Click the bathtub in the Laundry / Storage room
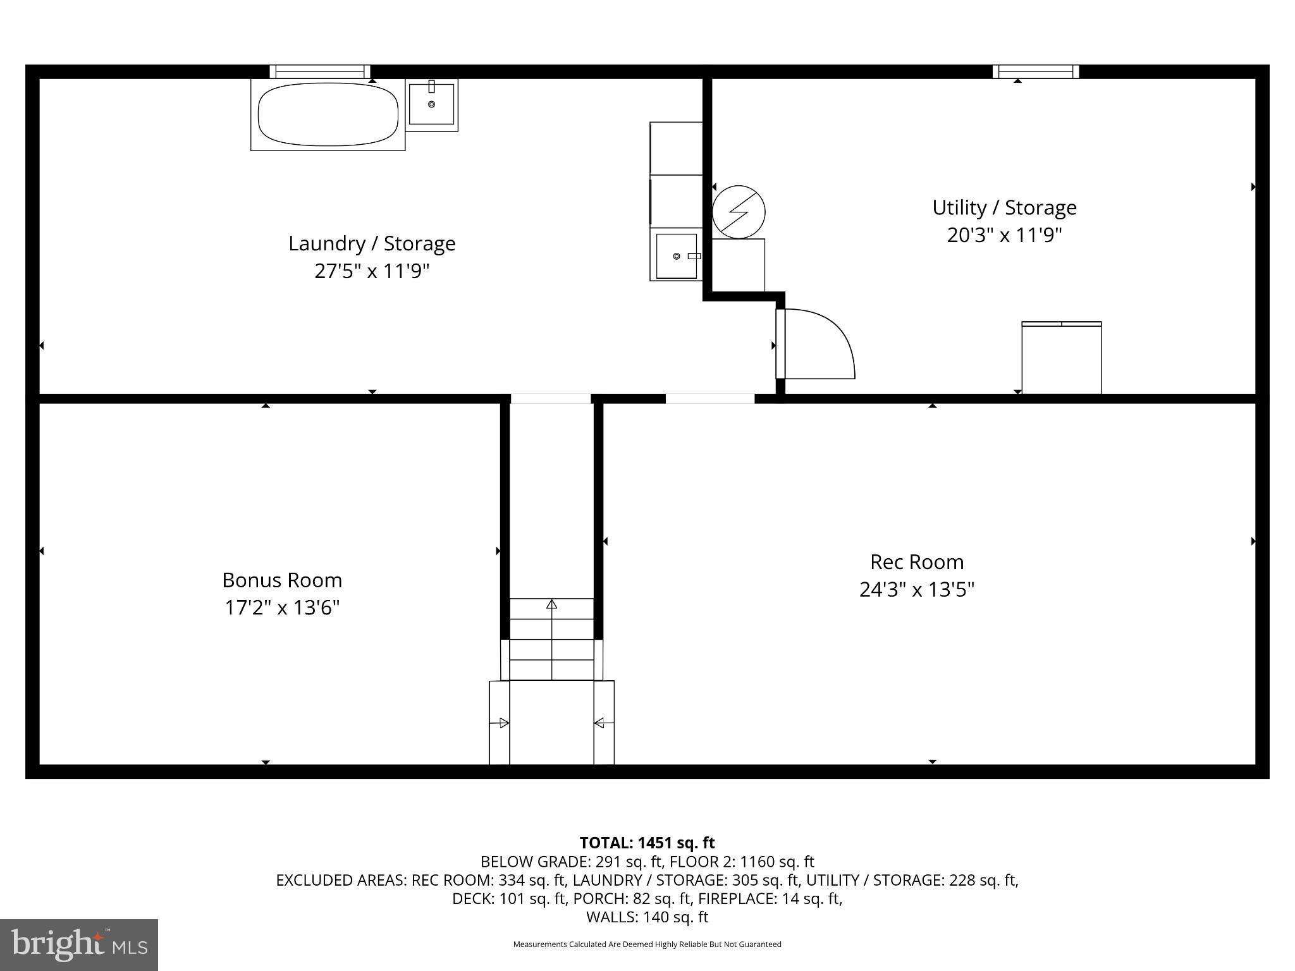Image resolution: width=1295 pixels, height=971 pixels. pos(328,114)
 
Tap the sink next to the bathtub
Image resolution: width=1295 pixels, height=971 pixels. pos(431,104)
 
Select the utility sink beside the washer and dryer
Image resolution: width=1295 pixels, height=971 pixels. pos(676,255)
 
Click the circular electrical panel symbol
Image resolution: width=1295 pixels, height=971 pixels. pos(739,212)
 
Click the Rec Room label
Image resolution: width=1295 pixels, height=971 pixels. pos(916,562)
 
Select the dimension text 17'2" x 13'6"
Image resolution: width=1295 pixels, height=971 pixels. pos(282,608)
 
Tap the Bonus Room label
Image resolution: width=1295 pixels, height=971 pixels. pos(282,580)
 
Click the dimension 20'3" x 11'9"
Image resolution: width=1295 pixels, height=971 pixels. pos(1004,235)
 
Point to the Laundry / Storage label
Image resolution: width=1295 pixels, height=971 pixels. pos(372,243)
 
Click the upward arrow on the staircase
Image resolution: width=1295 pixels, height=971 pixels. pos(551,605)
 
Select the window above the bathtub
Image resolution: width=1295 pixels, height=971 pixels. pos(320,71)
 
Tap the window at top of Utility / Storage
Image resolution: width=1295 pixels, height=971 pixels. pos(1035,71)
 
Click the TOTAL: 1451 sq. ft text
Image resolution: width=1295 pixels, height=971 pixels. pos(647,843)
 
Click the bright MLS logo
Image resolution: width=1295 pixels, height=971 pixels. pos(79,944)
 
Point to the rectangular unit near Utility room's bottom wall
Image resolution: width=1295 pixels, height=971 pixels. pos(1062,358)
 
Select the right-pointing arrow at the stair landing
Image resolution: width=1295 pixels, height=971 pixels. pos(503,723)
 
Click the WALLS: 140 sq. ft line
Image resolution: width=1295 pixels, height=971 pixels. pos(647,917)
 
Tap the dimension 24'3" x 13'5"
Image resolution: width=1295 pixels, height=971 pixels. pos(916,590)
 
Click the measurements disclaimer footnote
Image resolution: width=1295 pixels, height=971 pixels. pos(647,944)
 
